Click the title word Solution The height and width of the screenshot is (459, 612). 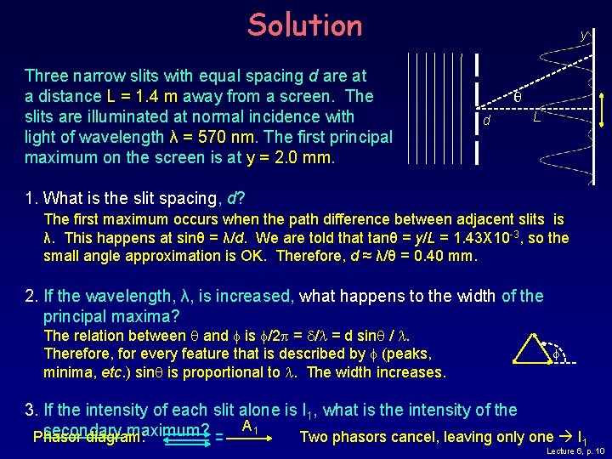(x=304, y=25)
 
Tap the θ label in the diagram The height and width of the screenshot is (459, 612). (x=518, y=98)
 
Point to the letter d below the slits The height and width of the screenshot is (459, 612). (x=486, y=122)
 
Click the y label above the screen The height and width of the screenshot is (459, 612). (x=583, y=36)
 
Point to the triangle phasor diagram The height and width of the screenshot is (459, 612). (x=533, y=346)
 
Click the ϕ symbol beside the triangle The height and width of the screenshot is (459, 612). (x=556, y=353)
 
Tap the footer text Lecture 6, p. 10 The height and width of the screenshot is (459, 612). (x=575, y=450)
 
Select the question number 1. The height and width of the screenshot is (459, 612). (x=31, y=199)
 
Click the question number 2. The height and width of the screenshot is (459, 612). (x=31, y=297)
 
